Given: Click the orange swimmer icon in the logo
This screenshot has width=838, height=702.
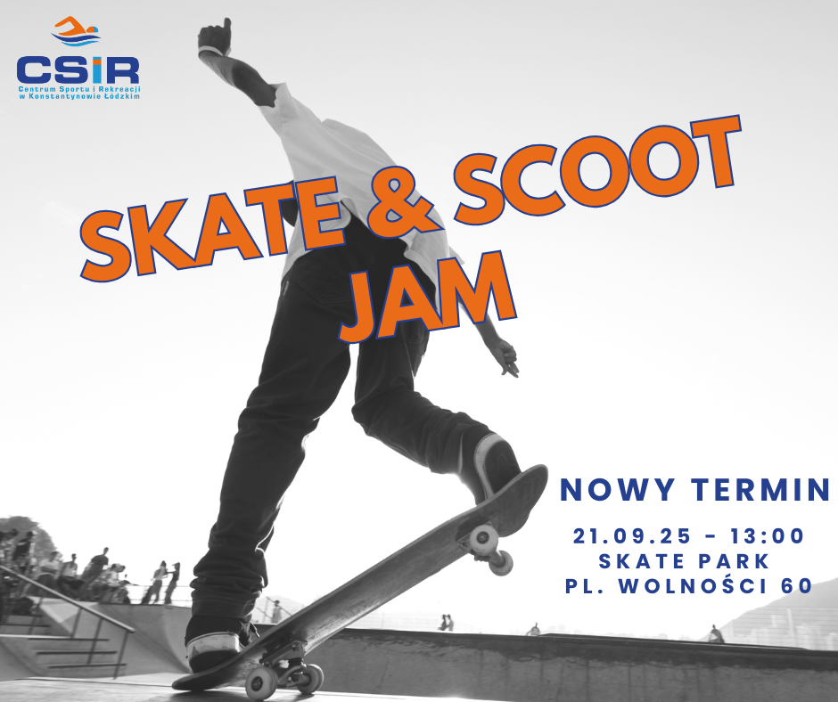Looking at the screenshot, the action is (76, 31).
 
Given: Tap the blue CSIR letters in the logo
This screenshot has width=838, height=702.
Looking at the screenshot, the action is (78, 70).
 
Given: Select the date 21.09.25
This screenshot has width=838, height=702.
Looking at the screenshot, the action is (632, 535).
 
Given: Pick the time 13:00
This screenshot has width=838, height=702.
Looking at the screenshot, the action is (768, 535).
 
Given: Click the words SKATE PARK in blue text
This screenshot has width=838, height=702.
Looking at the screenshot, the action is (684, 561).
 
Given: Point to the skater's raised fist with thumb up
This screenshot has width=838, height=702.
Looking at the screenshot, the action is (214, 37).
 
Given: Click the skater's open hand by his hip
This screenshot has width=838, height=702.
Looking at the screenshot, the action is (506, 358).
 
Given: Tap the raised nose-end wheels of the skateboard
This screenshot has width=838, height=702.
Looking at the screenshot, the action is (490, 549).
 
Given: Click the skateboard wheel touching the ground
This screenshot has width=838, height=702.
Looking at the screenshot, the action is (261, 683).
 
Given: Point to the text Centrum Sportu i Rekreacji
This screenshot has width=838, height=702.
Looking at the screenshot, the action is (79, 89).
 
